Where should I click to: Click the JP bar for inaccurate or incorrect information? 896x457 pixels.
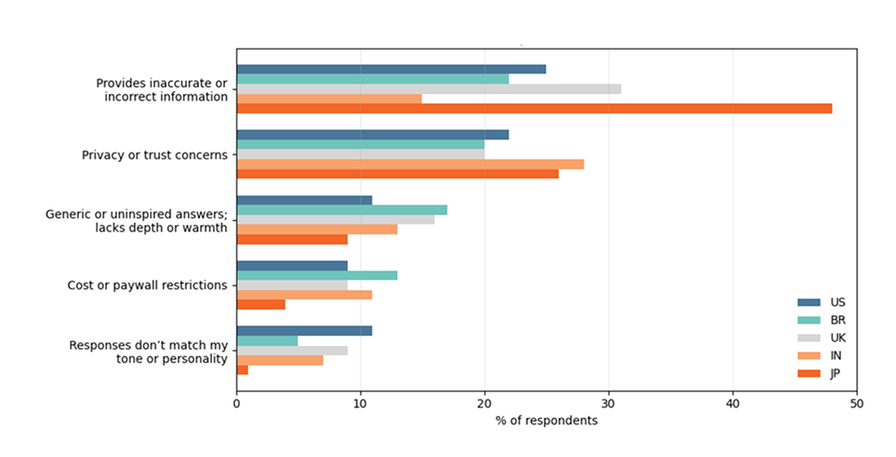coord(534,109)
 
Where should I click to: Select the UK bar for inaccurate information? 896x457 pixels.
coord(428,89)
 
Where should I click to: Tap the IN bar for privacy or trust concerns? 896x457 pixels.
coord(410,164)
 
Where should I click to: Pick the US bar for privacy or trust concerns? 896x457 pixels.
coord(373,135)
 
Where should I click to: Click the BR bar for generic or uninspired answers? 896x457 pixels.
coord(342,209)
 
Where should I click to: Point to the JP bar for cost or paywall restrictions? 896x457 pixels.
coord(261,304)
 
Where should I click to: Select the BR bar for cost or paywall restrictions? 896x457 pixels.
coord(317,276)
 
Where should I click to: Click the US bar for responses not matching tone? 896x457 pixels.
coord(305,330)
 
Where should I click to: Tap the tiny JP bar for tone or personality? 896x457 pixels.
coord(243,370)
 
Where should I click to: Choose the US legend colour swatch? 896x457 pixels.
coord(810,302)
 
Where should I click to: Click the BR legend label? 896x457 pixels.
coord(838,320)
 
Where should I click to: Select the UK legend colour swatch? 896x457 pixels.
coord(810,338)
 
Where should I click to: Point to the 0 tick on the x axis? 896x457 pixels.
coord(237,405)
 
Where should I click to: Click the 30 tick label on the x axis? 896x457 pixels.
coord(609,405)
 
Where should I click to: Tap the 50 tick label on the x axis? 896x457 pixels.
coord(856,405)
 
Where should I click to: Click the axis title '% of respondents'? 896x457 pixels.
coord(547,421)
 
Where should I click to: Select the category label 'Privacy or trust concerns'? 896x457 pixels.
coord(154,155)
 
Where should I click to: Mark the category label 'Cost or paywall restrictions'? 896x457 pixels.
coord(148,285)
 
